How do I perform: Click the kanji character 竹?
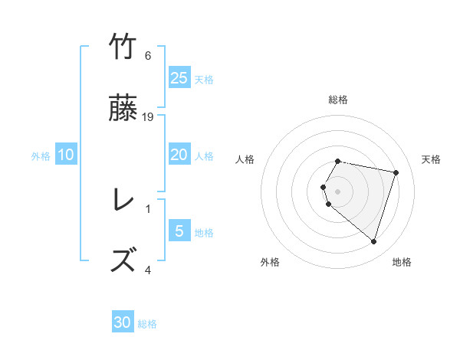(123, 48)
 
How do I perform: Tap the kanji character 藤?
(123, 110)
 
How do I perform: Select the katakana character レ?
(123, 201)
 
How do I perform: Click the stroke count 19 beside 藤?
(148, 117)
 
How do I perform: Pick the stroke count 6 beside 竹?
(148, 56)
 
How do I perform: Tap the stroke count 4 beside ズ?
(148, 270)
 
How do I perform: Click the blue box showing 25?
(179, 78)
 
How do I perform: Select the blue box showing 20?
(179, 155)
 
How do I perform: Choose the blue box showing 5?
(179, 231)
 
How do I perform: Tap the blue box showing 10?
(66, 155)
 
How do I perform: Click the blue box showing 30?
(123, 322)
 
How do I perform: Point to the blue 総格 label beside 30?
(147, 324)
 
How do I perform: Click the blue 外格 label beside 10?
(41, 156)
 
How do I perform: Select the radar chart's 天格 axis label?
(432, 159)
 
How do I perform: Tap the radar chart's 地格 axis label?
(402, 262)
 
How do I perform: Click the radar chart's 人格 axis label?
(245, 159)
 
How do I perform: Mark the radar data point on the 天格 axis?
(396, 172)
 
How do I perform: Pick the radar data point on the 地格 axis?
(373, 241)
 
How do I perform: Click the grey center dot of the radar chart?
(338, 191)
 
